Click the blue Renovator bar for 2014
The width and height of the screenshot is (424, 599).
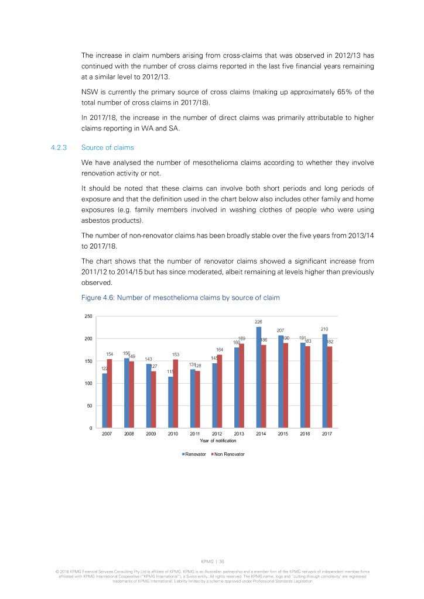[x=258, y=377]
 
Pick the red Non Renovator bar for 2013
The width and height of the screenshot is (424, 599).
[x=242, y=386]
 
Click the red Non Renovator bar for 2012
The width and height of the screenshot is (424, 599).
[x=220, y=391]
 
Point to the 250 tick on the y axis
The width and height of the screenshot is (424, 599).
[x=88, y=316]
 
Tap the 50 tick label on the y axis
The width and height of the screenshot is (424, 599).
[x=89, y=406]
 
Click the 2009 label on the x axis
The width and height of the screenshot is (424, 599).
[x=151, y=435]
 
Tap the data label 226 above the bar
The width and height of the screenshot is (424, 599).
[x=258, y=322]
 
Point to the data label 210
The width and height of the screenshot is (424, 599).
[x=325, y=329]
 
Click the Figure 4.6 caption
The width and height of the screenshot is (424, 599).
[x=180, y=298]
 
